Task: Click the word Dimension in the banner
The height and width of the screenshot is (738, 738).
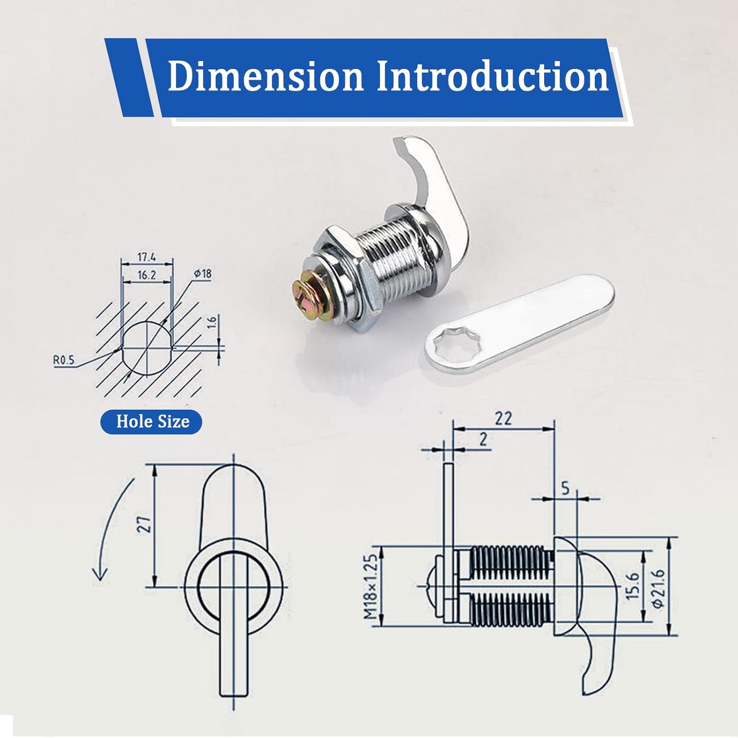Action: click(x=265, y=76)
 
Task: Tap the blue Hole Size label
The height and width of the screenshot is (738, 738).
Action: click(x=152, y=422)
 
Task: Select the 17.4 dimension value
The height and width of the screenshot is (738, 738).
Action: click(x=147, y=257)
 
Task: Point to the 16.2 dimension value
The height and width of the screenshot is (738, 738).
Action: click(x=147, y=275)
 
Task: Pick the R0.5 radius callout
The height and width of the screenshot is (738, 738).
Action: click(x=64, y=360)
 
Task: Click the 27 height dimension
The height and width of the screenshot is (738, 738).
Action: click(x=144, y=524)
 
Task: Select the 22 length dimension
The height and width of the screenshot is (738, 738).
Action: click(x=503, y=418)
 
